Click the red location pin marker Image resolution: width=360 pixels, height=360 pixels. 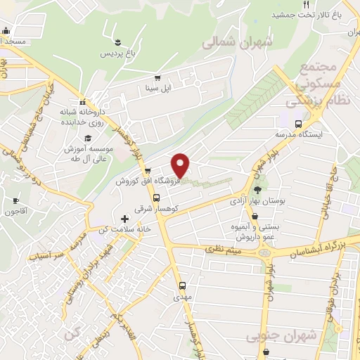pos(181,165)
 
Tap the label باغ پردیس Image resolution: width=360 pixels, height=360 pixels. pos(115,53)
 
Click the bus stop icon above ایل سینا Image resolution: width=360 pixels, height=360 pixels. pos(158,79)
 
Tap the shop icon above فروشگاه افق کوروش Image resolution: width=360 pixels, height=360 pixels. pos(147,171)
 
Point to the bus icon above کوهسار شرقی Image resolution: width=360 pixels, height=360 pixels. pos(156,197)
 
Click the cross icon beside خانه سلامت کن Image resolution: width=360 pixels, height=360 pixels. pos(125,219)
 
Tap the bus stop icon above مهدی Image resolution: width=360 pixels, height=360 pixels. pos(182,285)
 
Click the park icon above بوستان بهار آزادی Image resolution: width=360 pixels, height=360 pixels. pos(257,190)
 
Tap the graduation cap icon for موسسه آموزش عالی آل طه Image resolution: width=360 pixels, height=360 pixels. pos(88,138)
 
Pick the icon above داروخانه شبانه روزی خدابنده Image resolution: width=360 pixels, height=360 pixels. pos(82,101)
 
